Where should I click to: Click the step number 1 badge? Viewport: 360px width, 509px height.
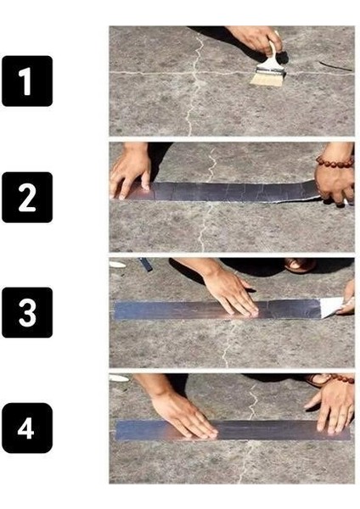(x=26, y=81)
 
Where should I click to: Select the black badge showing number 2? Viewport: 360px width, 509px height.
(x=26, y=197)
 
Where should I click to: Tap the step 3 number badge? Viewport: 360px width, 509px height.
(x=26, y=312)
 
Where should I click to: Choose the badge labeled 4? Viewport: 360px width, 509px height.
(x=26, y=428)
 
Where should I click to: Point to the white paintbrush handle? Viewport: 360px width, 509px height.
(x=273, y=49)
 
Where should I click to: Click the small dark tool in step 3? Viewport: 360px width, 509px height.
(x=145, y=264)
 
